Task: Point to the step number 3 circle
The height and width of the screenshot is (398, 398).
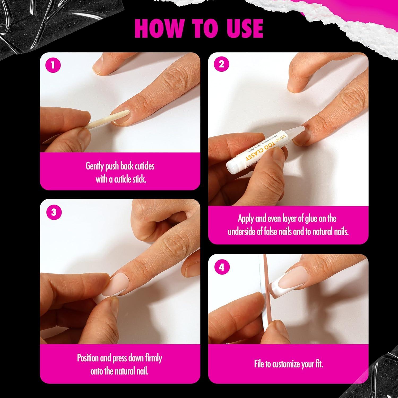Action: click(54, 212)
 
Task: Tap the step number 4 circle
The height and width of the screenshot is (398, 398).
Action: click(222, 267)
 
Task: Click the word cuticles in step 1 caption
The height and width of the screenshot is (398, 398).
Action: click(144, 166)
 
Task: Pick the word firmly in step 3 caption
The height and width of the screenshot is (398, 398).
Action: click(153, 358)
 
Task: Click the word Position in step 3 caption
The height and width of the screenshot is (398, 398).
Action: click(88, 358)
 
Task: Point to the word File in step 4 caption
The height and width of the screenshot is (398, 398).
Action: click(259, 364)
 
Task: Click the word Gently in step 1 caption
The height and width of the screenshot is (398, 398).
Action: click(94, 166)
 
